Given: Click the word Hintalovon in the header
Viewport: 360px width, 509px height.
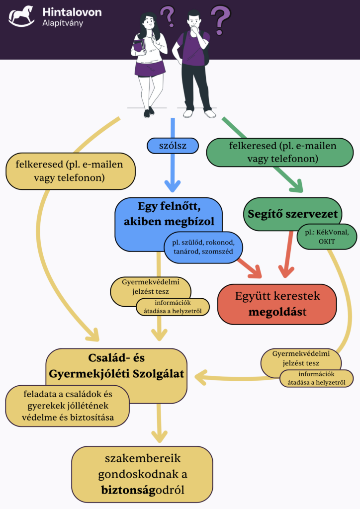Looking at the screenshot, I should [x=72, y=11].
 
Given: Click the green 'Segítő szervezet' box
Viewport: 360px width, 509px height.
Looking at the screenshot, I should [x=293, y=215].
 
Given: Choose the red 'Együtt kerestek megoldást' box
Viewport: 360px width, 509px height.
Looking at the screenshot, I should [x=277, y=304].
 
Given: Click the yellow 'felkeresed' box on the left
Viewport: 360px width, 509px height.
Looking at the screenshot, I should [x=65, y=170].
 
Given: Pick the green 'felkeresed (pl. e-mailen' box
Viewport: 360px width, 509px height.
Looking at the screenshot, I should [x=283, y=152].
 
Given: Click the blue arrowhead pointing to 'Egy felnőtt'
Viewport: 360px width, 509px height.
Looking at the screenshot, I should [x=173, y=186].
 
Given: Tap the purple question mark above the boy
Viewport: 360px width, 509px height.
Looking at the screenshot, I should [x=221, y=18].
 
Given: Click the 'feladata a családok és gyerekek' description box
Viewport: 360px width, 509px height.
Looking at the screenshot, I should [x=68, y=406].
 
